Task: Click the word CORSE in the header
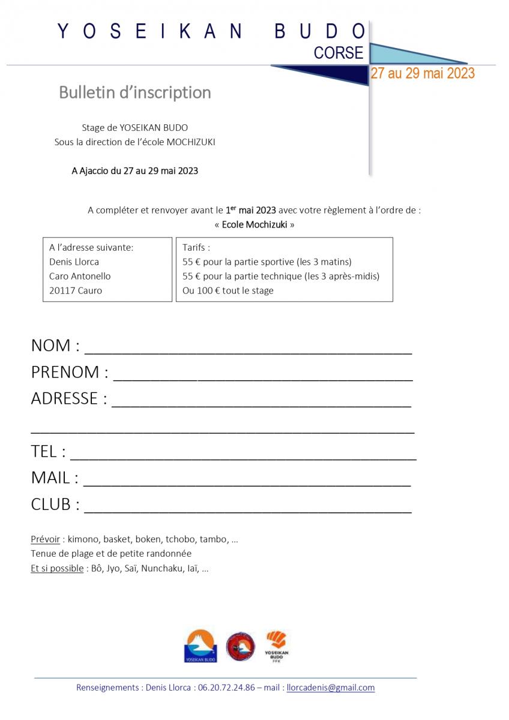339,53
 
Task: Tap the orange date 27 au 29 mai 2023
423,73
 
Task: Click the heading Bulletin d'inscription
135,92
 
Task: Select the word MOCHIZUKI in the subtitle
191,142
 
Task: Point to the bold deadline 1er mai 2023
250,210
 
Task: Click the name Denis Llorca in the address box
74,262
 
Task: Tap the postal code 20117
62,290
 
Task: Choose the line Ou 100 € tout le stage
227,290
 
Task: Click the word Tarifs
196,247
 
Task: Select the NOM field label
55,346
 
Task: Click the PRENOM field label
70,372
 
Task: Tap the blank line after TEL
243,455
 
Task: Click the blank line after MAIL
247,481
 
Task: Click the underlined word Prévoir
45,539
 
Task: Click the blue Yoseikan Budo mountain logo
200,646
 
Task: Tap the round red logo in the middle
241,647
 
